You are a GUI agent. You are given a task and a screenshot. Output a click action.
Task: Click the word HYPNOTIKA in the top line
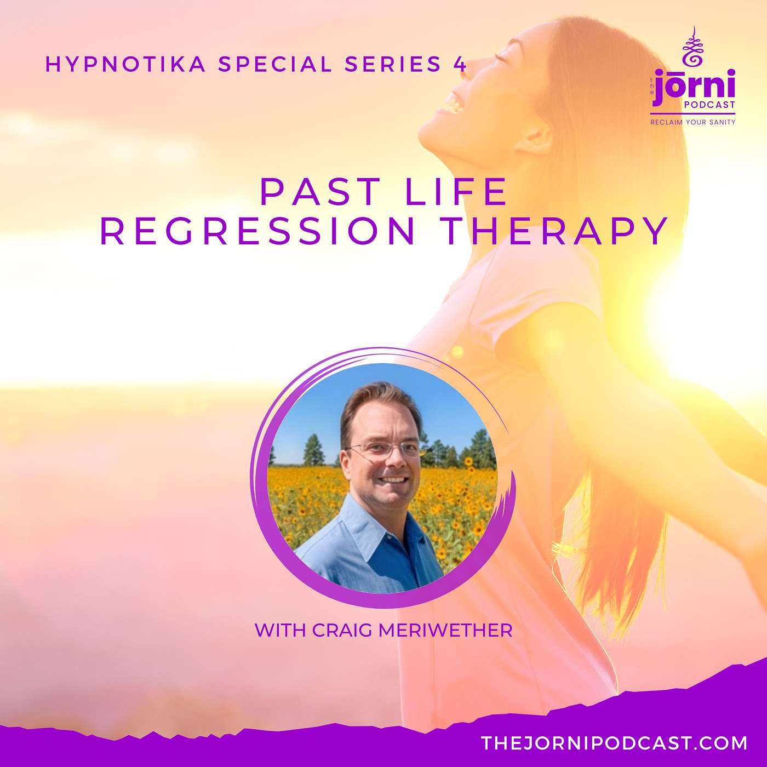tap(126, 64)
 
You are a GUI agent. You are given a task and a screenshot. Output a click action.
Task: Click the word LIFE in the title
tap(456, 192)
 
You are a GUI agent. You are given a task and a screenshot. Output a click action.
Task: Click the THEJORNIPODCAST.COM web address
tap(614, 743)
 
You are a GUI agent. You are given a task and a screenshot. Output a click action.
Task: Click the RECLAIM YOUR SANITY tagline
tap(693, 122)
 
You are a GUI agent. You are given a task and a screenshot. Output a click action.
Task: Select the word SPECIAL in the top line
tap(276, 64)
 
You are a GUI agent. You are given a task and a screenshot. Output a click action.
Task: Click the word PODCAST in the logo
tap(709, 105)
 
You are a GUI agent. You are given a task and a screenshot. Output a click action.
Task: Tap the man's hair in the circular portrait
tap(378, 402)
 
